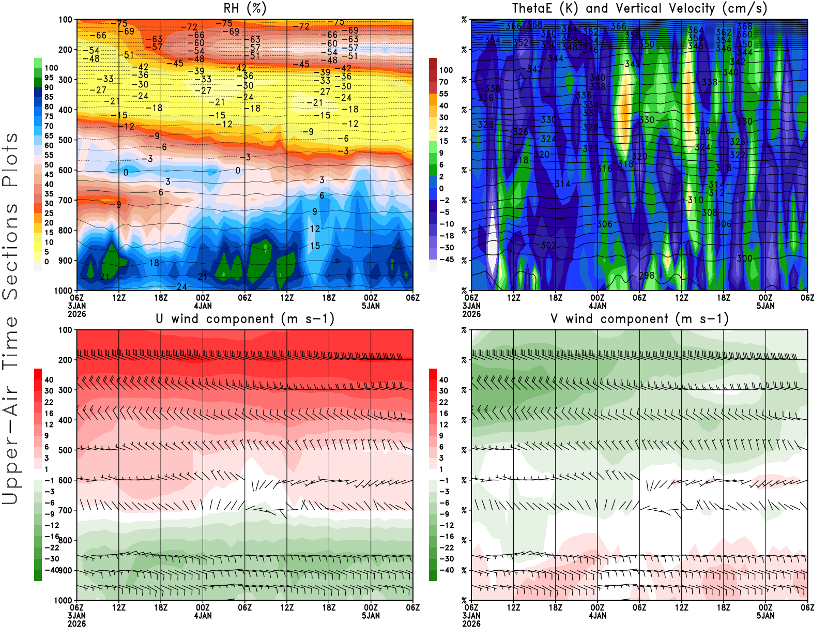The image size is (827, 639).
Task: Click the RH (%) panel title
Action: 244,9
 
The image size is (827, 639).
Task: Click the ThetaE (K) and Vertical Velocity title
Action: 639,9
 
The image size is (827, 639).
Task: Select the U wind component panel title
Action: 244,319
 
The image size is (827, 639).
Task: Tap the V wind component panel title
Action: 639,319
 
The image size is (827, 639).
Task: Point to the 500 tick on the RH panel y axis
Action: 65,140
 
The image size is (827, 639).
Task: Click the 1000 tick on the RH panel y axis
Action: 63,291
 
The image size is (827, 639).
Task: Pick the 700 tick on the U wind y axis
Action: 65,510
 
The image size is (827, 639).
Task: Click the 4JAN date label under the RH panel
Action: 203,306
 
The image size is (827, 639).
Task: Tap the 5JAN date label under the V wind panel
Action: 765,616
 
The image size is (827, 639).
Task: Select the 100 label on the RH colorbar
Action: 51,68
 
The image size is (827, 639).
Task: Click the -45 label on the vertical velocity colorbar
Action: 446,260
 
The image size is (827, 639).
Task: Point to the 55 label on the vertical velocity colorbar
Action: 443,94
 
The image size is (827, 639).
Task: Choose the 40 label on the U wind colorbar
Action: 49,380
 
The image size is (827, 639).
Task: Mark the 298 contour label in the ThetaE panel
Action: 647,276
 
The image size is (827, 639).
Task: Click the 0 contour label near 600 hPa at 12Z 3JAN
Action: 126,173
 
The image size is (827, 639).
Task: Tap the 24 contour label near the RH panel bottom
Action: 182,287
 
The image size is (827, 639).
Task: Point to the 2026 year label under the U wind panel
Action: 76,624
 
